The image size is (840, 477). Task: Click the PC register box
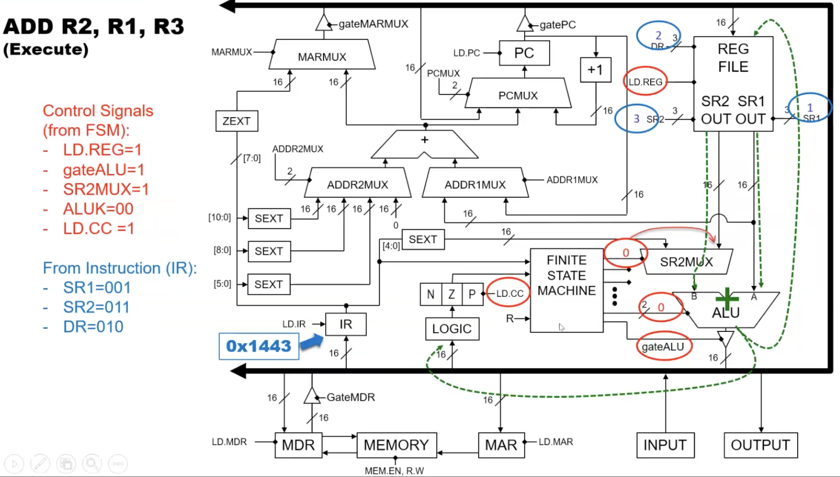[524, 53]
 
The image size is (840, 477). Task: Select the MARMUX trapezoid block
[322, 56]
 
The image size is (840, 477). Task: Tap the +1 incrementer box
[595, 70]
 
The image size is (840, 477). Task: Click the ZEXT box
[236, 121]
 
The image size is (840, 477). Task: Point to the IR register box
[346, 324]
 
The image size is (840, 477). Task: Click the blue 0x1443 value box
[259, 346]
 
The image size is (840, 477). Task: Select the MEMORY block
[396, 445]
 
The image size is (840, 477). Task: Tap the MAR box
[500, 445]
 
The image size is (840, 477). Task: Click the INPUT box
[665, 445]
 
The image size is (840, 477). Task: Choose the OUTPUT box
[761, 445]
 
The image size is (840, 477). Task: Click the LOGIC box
[452, 329]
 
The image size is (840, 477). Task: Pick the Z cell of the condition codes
[451, 294]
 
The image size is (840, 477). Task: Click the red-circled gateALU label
[663, 347]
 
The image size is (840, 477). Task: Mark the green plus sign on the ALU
[727, 299]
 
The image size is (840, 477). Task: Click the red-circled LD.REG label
[645, 82]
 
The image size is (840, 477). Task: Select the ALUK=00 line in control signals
[98, 209]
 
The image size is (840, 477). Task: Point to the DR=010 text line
[93, 327]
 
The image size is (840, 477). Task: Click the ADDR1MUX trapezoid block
[475, 184]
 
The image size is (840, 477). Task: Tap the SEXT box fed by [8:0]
[269, 251]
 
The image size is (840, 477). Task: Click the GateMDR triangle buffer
[311, 396]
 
